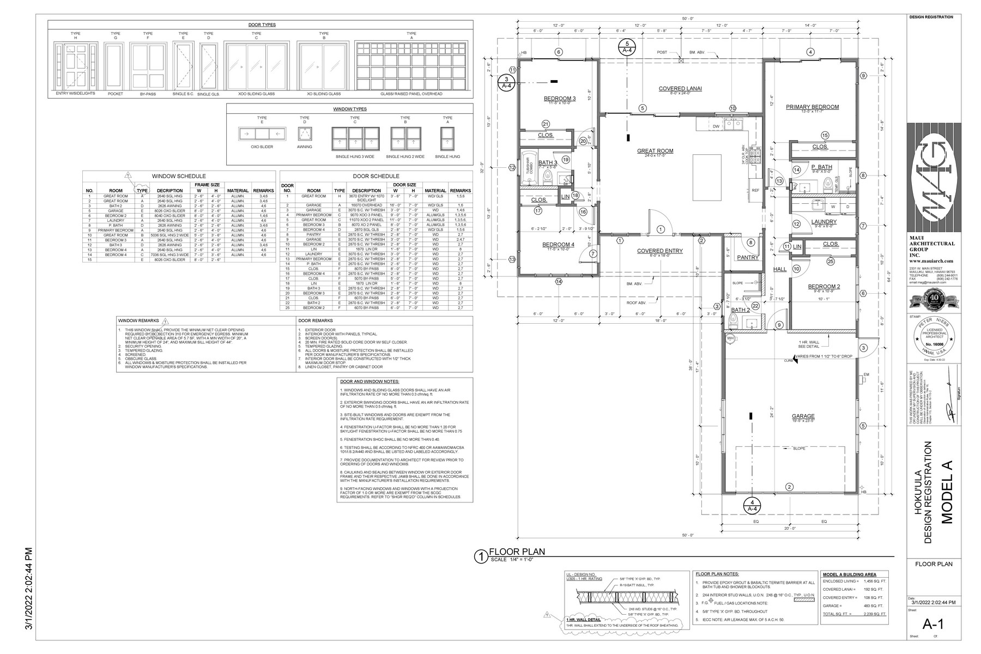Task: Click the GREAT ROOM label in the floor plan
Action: point(655,151)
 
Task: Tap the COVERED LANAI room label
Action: point(680,88)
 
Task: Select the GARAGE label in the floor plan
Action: point(803,417)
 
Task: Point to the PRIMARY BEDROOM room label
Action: point(812,107)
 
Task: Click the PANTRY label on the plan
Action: point(748,257)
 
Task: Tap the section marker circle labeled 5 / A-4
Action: point(627,46)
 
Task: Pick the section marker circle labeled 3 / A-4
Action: point(506,82)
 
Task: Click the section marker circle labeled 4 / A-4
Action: point(752,505)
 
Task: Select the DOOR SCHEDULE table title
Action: point(376,176)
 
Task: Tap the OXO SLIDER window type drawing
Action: point(262,134)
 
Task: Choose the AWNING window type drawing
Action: point(304,134)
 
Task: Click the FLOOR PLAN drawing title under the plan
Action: point(517,552)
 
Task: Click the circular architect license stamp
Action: point(934,337)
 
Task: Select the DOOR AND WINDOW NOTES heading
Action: point(370,381)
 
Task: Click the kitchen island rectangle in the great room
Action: point(708,178)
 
